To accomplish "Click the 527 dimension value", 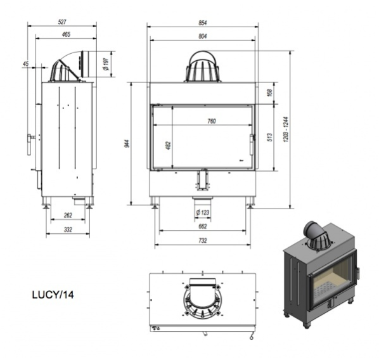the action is click(62, 22).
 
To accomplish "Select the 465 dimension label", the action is click(66, 34).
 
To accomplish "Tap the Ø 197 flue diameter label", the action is click(106, 64).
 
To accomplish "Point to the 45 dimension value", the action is click(25, 64).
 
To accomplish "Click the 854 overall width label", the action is click(203, 23).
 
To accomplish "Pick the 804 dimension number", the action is click(203, 36).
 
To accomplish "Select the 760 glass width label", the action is click(212, 121).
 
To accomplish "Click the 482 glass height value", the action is click(169, 146).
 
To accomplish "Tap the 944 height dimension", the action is click(128, 144).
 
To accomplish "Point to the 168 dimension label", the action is click(270, 93).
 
